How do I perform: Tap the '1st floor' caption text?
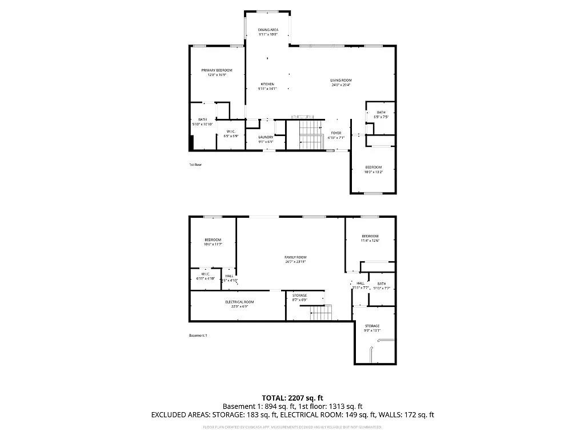[195, 165]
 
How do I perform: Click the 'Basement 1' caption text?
[198, 335]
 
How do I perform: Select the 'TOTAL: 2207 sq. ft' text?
[292, 398]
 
